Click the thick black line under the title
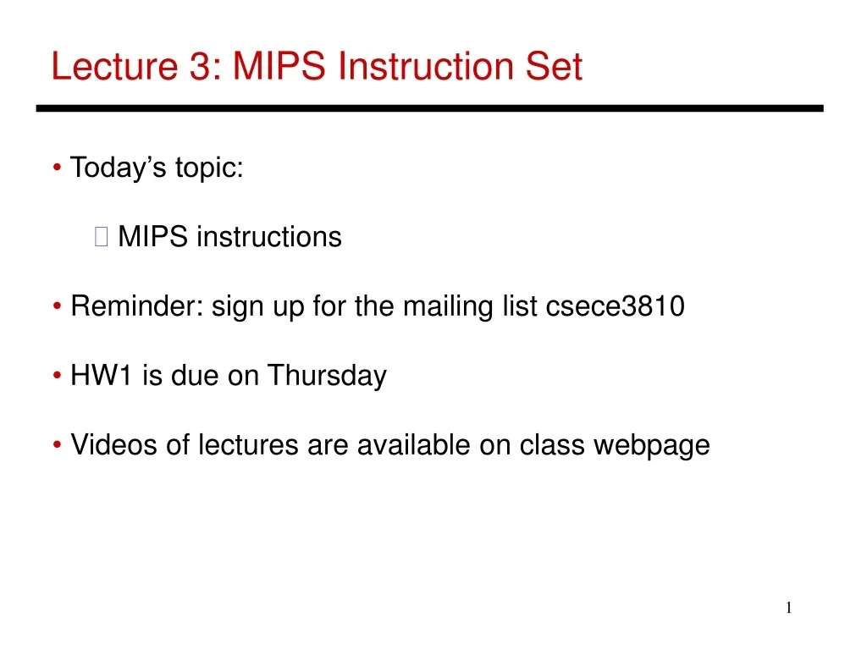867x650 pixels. pos(429,108)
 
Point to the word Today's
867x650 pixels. pos(119,168)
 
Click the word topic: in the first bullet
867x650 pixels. pos(209,168)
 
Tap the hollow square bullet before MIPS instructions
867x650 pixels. pos(102,238)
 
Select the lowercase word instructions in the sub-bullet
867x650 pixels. pos(268,237)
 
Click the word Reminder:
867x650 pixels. pos(137,306)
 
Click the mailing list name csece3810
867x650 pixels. pos(616,306)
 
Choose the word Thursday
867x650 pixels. pos(327,375)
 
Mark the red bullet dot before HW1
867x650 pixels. pos(57,376)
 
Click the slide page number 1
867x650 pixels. pos(788,608)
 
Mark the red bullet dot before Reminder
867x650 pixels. pos(57,307)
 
